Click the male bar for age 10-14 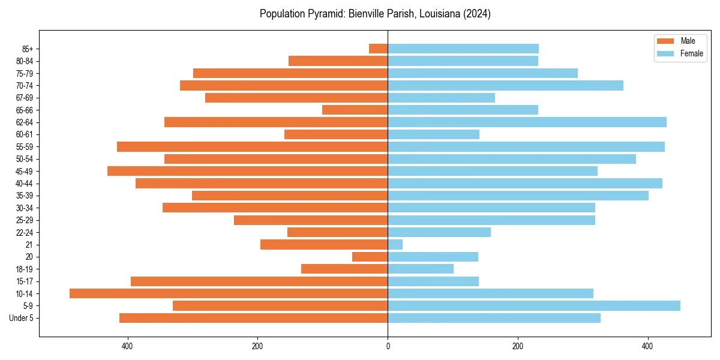[229, 293]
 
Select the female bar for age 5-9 [534, 305]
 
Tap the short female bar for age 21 [395, 244]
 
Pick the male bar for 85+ [378, 49]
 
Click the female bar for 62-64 [527, 122]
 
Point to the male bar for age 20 [370, 257]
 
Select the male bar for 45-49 [247, 171]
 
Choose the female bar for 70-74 [505, 85]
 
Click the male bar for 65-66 [355, 110]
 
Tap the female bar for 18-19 [421, 269]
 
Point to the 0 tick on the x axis [388, 346]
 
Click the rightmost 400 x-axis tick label [647, 346]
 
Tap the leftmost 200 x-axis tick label [257, 346]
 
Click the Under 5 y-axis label [21, 318]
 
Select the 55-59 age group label [24, 146]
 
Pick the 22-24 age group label [24, 232]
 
